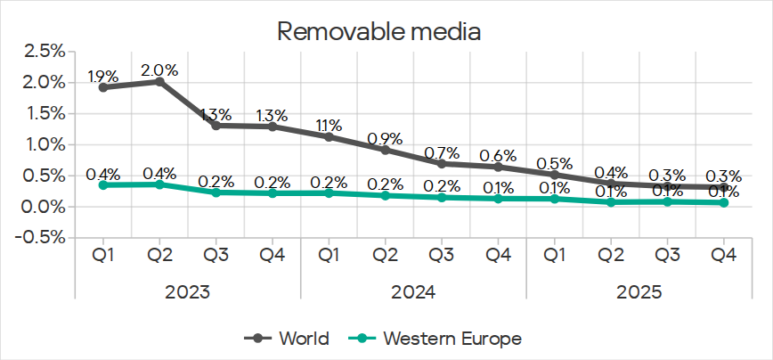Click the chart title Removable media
(379, 33)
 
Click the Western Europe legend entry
(440, 338)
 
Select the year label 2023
(187, 290)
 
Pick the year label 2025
(639, 290)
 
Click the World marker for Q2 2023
(159, 81)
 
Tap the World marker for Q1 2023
(103, 87)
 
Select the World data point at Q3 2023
(216, 125)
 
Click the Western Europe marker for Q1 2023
(103, 184)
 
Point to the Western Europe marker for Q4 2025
(723, 202)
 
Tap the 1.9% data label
(103, 76)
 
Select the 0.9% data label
(385, 138)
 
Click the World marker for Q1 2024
(329, 136)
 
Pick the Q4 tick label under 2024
(498, 255)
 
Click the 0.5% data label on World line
(554, 163)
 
